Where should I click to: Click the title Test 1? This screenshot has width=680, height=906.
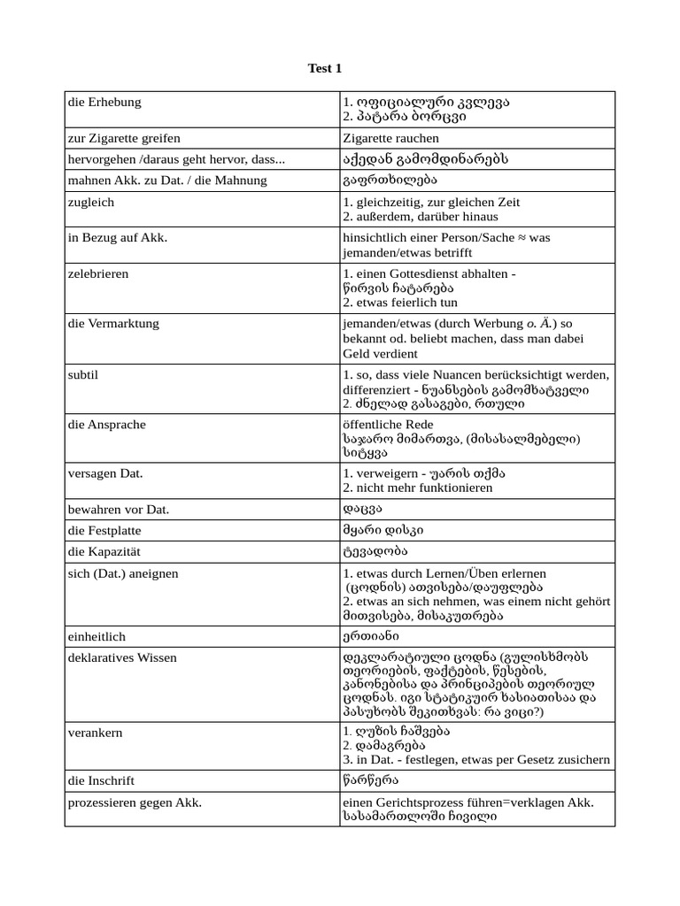(x=325, y=68)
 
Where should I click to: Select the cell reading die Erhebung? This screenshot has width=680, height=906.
(x=104, y=103)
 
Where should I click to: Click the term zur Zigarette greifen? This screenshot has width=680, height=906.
(x=124, y=139)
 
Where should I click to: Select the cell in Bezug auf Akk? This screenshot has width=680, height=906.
(x=118, y=238)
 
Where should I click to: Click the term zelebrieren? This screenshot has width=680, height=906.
(x=98, y=274)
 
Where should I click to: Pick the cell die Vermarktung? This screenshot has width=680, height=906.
(x=113, y=324)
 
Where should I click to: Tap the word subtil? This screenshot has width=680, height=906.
(x=83, y=375)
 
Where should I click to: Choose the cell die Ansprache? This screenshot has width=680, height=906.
(x=105, y=425)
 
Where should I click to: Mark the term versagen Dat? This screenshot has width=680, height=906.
(x=105, y=474)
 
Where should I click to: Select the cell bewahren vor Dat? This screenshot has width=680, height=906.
(x=119, y=511)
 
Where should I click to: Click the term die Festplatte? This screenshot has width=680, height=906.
(x=104, y=532)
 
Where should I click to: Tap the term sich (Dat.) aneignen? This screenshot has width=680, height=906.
(x=123, y=574)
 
